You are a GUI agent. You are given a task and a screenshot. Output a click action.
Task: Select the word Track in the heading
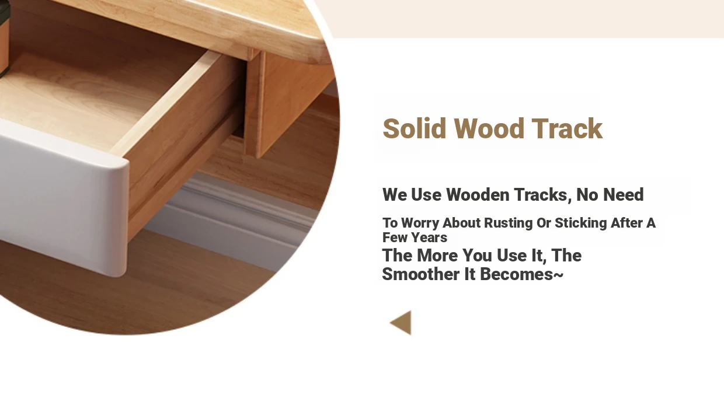pos(567,128)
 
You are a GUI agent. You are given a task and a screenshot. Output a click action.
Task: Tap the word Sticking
pos(581,224)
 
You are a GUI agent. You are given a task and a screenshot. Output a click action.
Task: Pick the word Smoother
pos(420,274)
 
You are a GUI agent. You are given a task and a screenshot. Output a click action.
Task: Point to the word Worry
pos(420,223)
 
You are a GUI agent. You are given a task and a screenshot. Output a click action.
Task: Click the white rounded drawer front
pos(65,200)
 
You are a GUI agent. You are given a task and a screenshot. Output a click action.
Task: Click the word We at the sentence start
pos(394,194)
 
